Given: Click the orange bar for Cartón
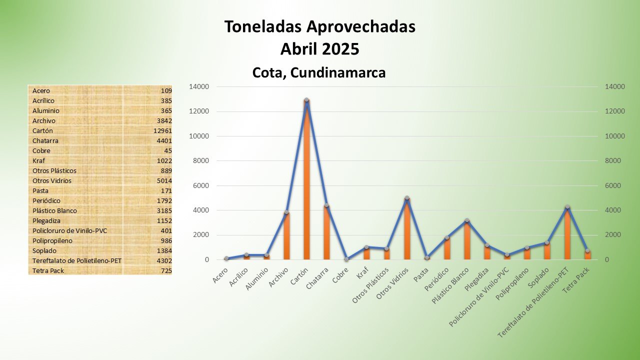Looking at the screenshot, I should click(x=306, y=180).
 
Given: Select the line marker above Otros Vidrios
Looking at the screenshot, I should click(x=406, y=198).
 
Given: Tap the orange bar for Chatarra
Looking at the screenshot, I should click(x=326, y=232).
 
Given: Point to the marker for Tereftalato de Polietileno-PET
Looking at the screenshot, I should click(x=567, y=207).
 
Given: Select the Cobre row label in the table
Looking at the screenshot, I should click(x=41, y=151).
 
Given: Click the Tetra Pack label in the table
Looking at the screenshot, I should click(x=48, y=271).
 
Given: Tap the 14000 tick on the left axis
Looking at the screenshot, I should click(x=199, y=87).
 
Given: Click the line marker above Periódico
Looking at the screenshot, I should click(x=446, y=238).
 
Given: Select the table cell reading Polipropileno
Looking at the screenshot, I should click(x=52, y=241).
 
